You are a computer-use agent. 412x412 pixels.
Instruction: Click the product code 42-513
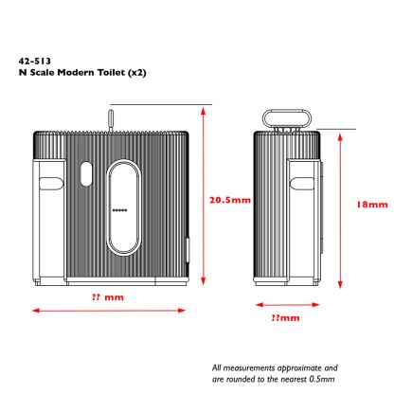(34, 61)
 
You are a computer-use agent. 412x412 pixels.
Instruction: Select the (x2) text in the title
(136, 73)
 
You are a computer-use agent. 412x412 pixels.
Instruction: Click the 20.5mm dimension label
(230, 200)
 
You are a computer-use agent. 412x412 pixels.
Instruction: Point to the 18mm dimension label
(372, 205)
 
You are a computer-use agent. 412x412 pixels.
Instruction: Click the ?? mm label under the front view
(108, 297)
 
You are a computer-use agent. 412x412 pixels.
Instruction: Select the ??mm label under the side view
(285, 317)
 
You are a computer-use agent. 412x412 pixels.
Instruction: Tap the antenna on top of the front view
(111, 120)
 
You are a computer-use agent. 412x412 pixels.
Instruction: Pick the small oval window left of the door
(86, 173)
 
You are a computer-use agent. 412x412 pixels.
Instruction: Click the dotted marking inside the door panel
(120, 210)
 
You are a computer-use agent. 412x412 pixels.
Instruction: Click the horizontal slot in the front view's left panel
(51, 184)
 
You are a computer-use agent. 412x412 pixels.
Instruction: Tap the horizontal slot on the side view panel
(302, 184)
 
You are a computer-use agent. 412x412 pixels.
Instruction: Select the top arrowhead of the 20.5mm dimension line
(204, 110)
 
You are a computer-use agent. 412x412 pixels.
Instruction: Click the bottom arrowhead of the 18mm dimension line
(340, 284)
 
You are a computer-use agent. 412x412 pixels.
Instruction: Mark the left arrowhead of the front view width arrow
(36, 311)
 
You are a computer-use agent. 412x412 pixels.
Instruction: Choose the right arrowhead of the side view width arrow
(315, 305)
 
